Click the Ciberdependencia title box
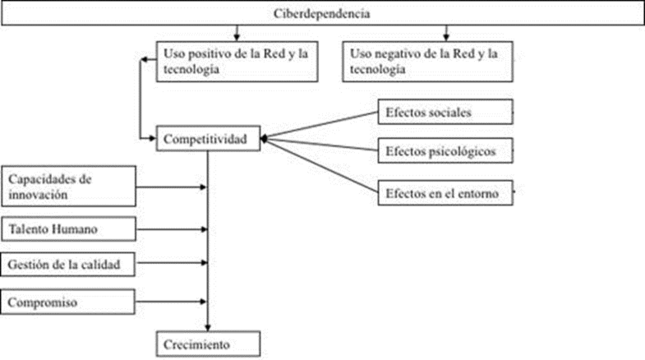[x=322, y=14]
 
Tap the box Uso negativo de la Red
[x=428, y=61]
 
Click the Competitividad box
[x=208, y=139]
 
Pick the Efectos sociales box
[x=445, y=112]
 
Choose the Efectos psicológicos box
[x=445, y=151]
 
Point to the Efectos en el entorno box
[x=445, y=193]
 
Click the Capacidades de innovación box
[x=69, y=186]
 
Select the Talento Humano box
[x=69, y=229]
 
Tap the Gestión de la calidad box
[x=69, y=265]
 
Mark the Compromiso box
[x=69, y=302]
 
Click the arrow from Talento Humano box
[x=171, y=230]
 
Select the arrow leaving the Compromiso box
[x=171, y=303]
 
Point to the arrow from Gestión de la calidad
[x=171, y=265]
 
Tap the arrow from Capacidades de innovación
[x=171, y=187]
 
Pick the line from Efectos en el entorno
[x=320, y=166]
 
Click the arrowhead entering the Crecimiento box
[x=208, y=327]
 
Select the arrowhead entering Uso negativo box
[x=446, y=35]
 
